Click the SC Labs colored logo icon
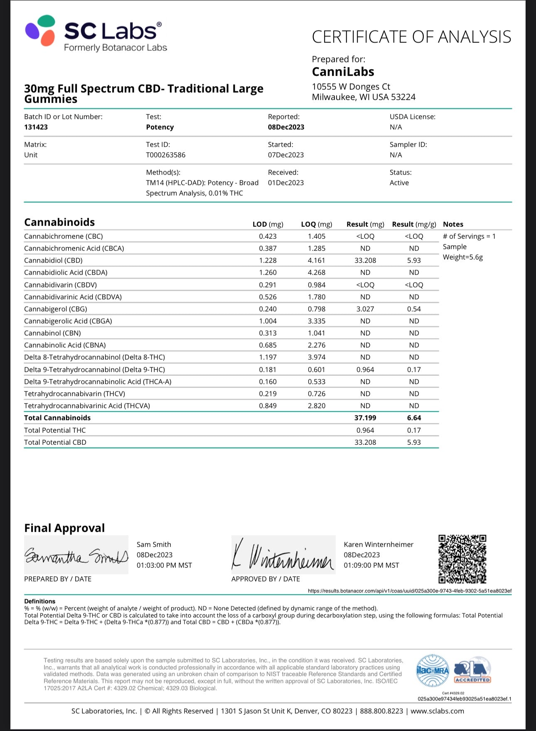(x=40, y=30)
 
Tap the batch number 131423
(x=36, y=127)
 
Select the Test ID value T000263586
(x=165, y=155)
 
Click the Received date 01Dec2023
(x=285, y=183)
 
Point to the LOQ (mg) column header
(x=316, y=224)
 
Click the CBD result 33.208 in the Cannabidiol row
(x=365, y=260)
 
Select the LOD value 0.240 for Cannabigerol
(x=268, y=309)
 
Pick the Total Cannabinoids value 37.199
(x=365, y=418)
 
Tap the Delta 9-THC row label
(x=94, y=370)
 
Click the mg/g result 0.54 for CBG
(x=414, y=309)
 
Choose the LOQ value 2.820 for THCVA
(x=316, y=406)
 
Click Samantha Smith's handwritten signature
(x=76, y=555)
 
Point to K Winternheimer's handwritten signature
(x=283, y=555)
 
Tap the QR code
(x=462, y=559)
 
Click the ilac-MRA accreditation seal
(x=432, y=670)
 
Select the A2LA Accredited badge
(x=472, y=670)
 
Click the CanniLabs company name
(x=343, y=72)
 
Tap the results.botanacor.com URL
(x=409, y=591)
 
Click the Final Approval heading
(x=64, y=528)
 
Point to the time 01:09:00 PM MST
(x=371, y=565)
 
